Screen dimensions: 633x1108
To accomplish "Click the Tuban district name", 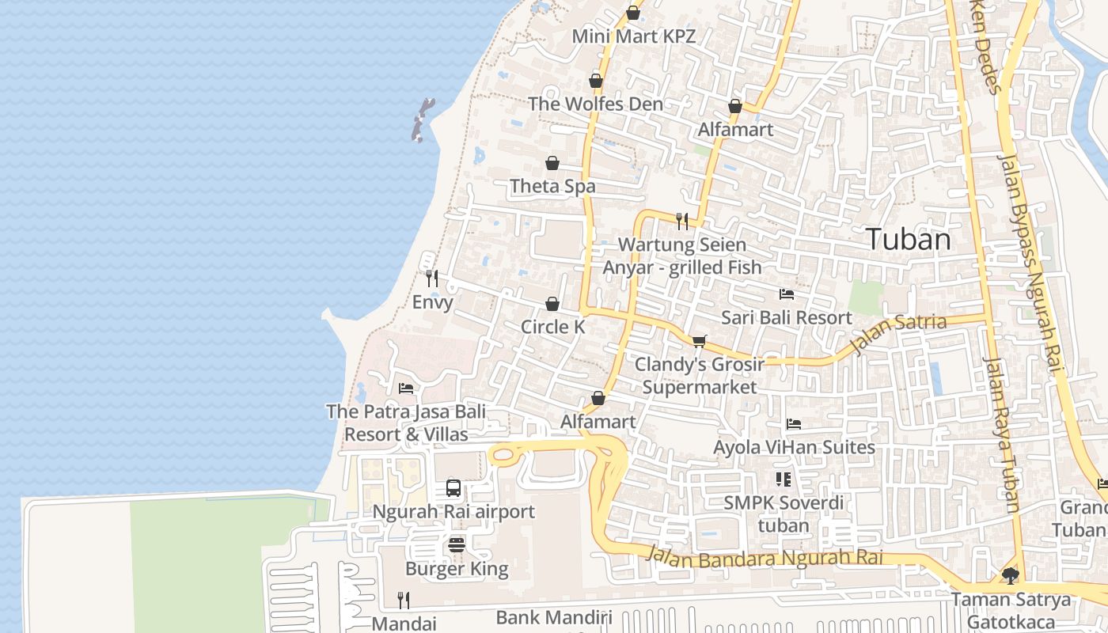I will (x=908, y=239).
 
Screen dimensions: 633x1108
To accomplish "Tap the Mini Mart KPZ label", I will (x=633, y=36).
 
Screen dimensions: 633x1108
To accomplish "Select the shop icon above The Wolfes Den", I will (x=596, y=81).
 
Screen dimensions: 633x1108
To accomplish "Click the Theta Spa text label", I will (x=552, y=187).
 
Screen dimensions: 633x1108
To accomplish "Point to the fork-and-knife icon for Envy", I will (x=431, y=279).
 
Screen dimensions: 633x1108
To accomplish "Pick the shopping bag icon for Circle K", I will (x=552, y=304).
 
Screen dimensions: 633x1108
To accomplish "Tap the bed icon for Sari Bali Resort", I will (x=786, y=294).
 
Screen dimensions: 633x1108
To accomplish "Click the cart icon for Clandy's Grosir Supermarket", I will (x=699, y=341).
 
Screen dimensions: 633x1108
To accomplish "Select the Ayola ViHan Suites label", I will (x=794, y=447).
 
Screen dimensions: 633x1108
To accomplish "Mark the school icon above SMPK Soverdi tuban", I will (x=784, y=479).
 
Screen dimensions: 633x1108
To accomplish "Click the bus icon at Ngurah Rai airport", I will (x=453, y=488).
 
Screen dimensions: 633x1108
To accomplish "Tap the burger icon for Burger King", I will (x=457, y=544).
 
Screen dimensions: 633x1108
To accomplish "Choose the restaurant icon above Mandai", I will (x=404, y=600).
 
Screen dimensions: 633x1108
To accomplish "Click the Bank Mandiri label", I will (x=554, y=617).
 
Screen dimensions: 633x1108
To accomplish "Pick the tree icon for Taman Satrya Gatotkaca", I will (x=1011, y=575).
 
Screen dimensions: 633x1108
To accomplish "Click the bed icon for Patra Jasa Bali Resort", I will (x=406, y=388).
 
